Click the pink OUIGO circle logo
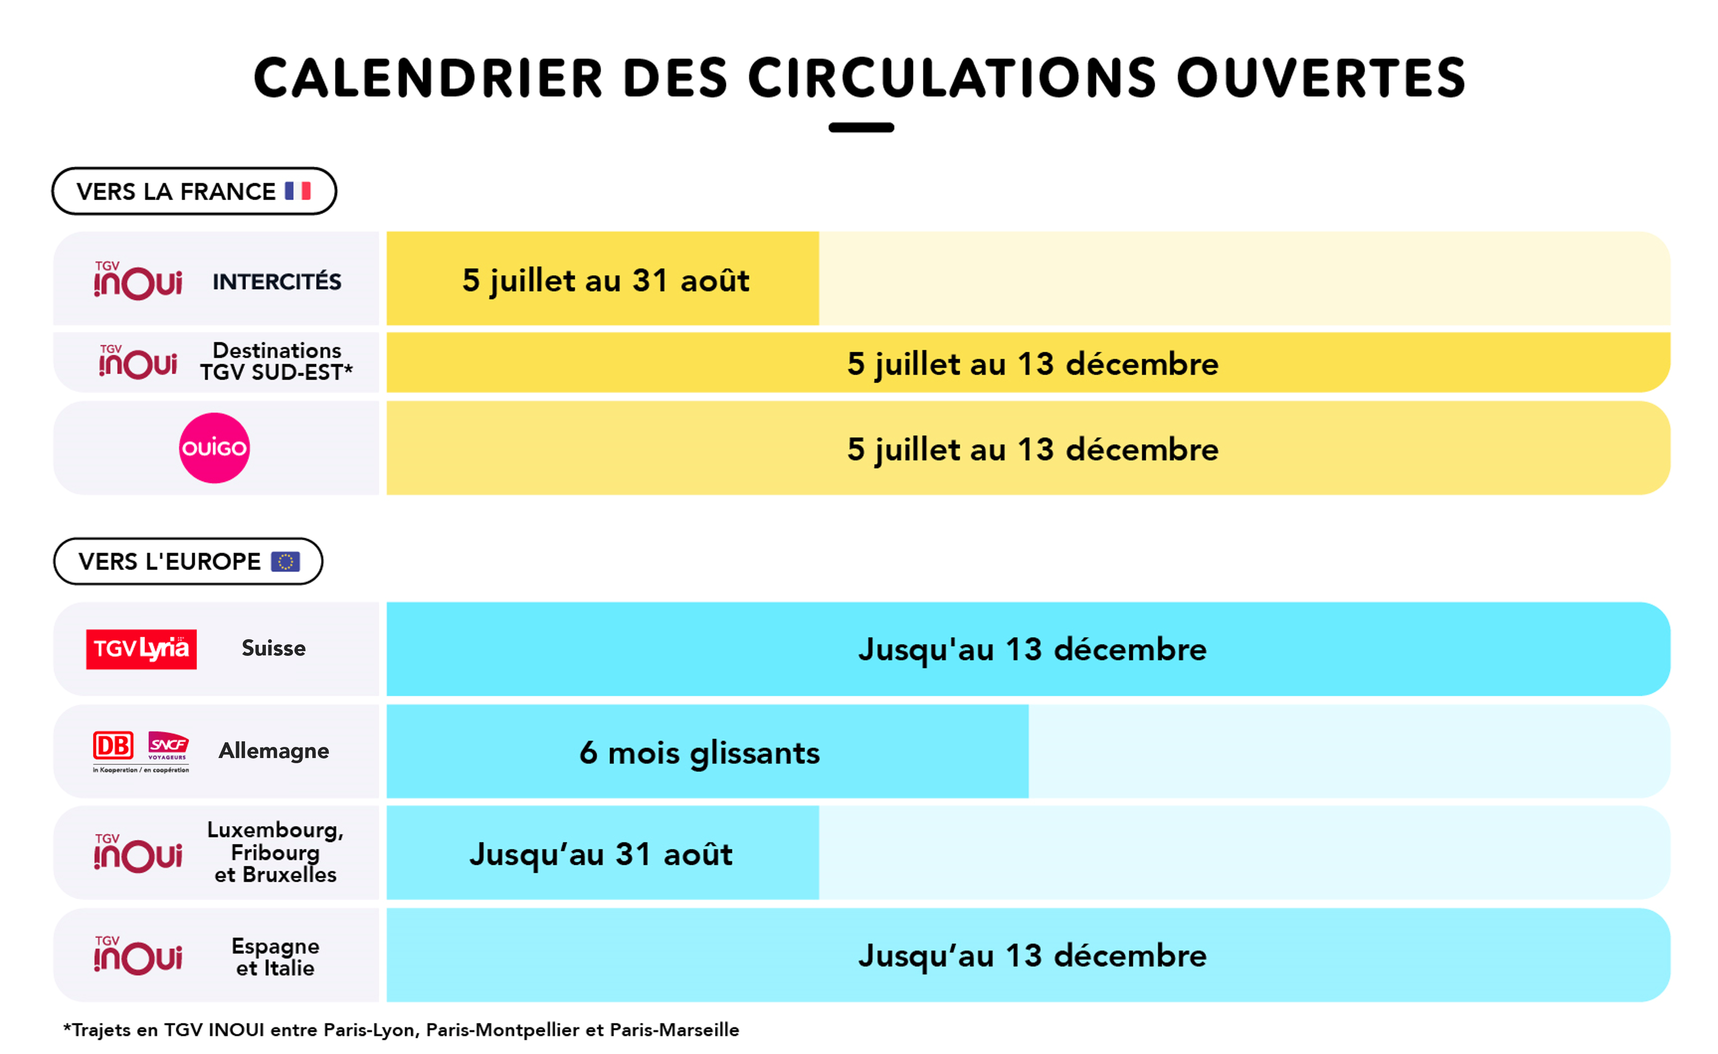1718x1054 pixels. [x=214, y=448]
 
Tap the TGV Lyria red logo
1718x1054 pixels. [x=141, y=649]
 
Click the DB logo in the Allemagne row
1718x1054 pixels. [x=113, y=746]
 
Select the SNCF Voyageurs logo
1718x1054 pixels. [x=168, y=746]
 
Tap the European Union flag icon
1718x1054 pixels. [x=285, y=561]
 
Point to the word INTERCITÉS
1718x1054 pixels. [x=277, y=281]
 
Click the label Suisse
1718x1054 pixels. [x=273, y=648]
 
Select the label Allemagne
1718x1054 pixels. [x=274, y=751]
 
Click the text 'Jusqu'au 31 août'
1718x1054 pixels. [x=601, y=855]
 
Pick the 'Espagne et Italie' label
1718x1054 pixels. [x=275, y=957]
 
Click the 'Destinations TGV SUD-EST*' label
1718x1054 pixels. [x=277, y=361]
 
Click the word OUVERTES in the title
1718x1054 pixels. [x=1321, y=78]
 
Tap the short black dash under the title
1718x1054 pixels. [x=861, y=128]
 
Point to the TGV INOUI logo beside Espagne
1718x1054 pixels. [x=138, y=955]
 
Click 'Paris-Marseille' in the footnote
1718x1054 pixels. [x=674, y=1030]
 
